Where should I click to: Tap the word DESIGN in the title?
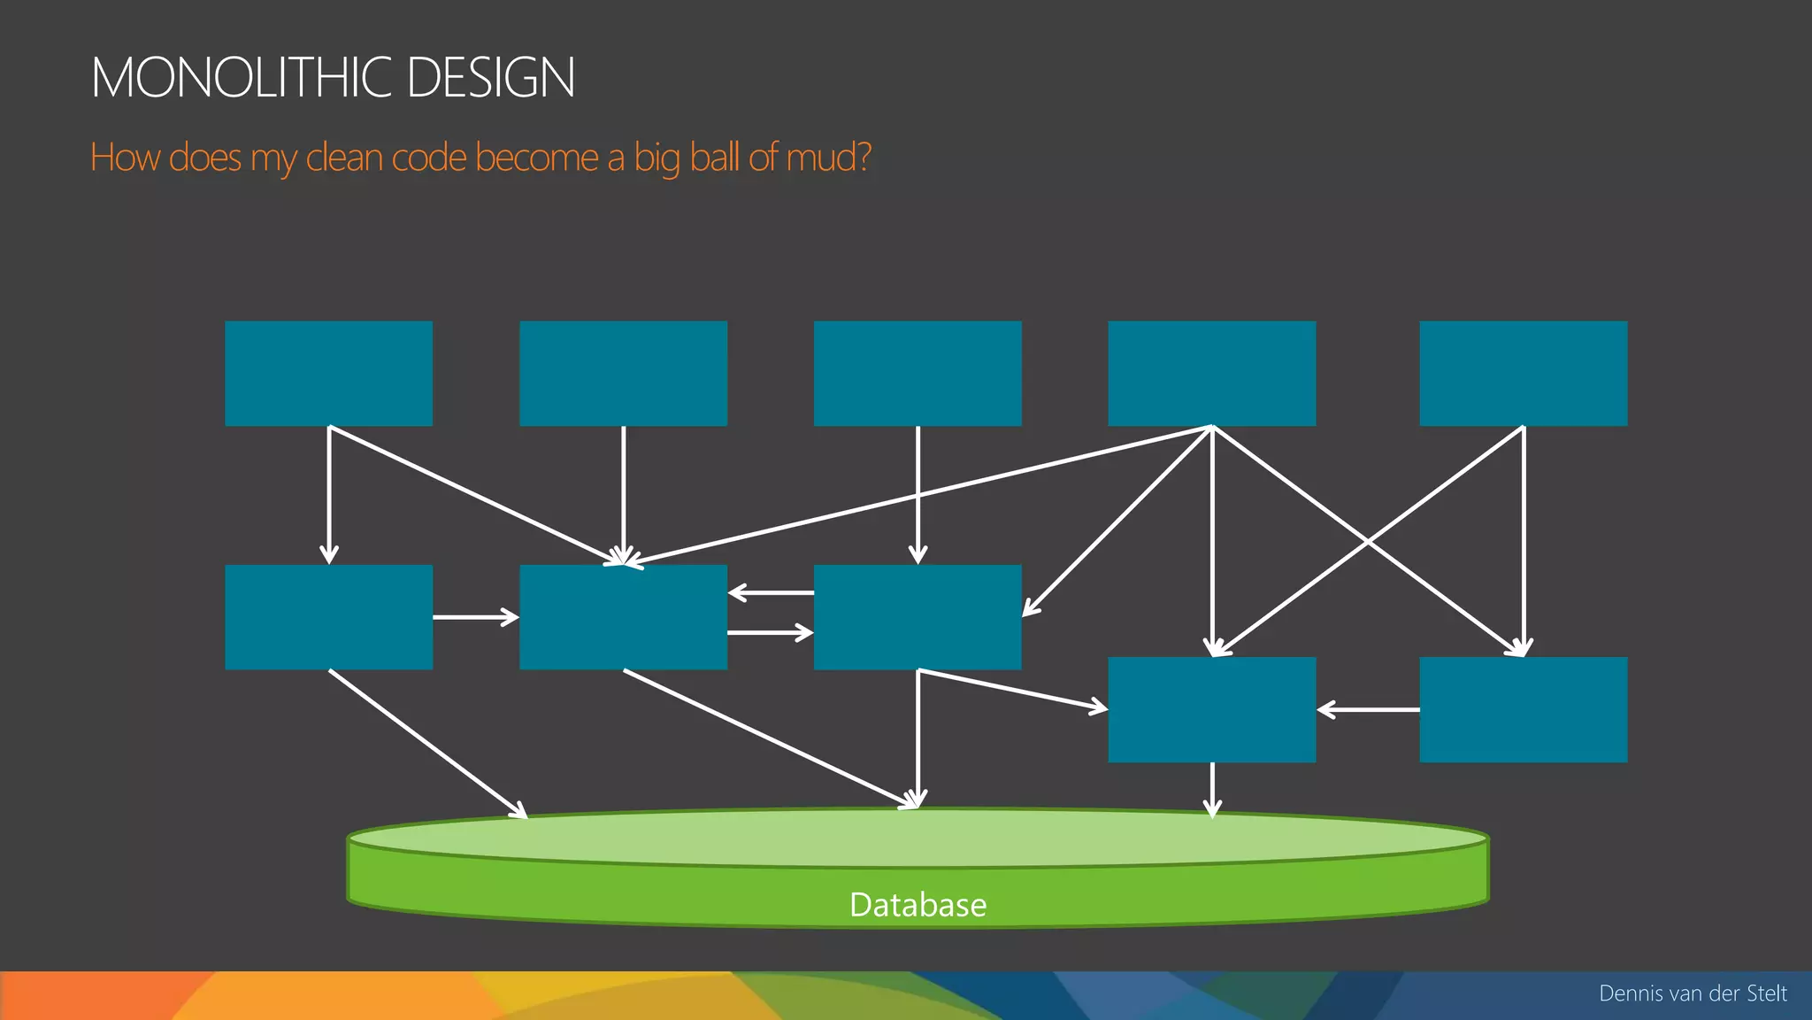coord(491,77)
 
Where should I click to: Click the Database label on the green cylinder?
coord(918,905)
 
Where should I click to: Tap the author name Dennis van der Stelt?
coord(1693,993)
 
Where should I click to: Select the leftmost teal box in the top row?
coord(328,374)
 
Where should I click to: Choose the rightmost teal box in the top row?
coord(1523,374)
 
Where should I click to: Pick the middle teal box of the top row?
coord(918,374)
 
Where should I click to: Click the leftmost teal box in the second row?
coord(328,617)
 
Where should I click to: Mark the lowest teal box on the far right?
coord(1523,709)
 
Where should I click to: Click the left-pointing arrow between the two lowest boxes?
coord(1368,709)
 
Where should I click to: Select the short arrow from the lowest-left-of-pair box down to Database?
coord(1212,788)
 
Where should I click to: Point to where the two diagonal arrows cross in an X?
coord(1368,541)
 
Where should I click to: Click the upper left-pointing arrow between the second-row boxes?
coord(771,592)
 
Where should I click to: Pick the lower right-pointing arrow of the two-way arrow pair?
coord(771,633)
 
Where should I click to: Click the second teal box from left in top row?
coord(623,374)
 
